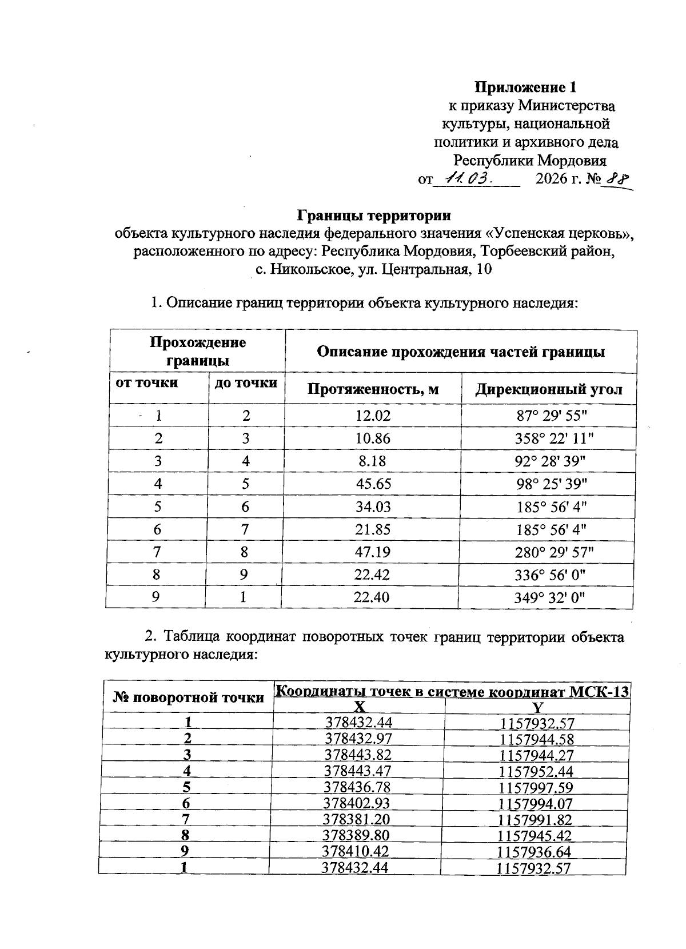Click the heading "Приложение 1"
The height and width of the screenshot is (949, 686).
(525, 87)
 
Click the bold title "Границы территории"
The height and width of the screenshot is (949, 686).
(374, 216)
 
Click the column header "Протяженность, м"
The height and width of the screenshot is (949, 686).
(373, 389)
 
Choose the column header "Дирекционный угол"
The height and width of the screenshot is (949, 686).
(548, 389)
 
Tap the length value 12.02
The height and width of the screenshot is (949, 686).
(373, 416)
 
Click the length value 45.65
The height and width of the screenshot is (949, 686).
(373, 484)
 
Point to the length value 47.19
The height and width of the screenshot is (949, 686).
(373, 552)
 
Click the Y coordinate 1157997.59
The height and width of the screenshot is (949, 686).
(536, 787)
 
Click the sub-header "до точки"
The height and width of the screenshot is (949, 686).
(245, 382)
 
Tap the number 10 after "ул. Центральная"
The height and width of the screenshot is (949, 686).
(483, 269)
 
